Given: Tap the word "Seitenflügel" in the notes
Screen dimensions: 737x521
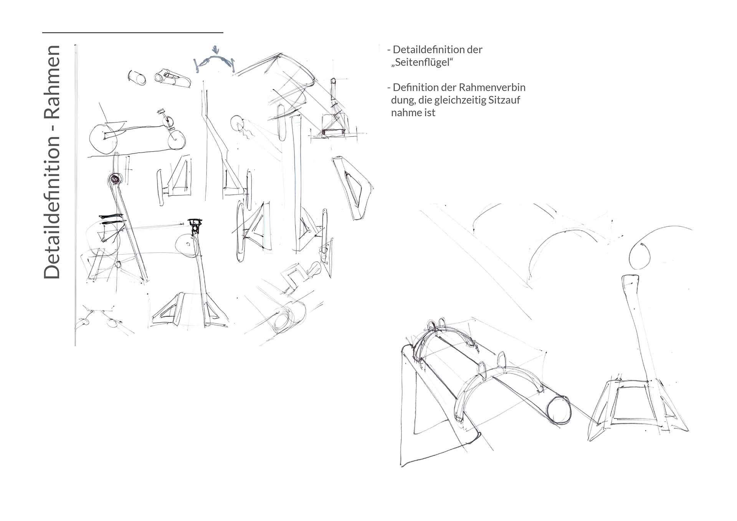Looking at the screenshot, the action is (422, 63).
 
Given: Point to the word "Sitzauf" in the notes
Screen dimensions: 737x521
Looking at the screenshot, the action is (504, 100).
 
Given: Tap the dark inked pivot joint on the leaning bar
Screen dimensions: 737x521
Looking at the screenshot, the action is (114, 178).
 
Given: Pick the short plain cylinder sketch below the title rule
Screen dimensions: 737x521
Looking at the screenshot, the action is (137, 77).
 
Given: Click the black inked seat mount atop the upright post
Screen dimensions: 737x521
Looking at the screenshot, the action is (195, 225).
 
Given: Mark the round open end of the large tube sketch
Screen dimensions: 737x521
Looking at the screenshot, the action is (559, 410).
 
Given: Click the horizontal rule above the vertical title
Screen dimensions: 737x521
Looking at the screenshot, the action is (132, 33).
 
